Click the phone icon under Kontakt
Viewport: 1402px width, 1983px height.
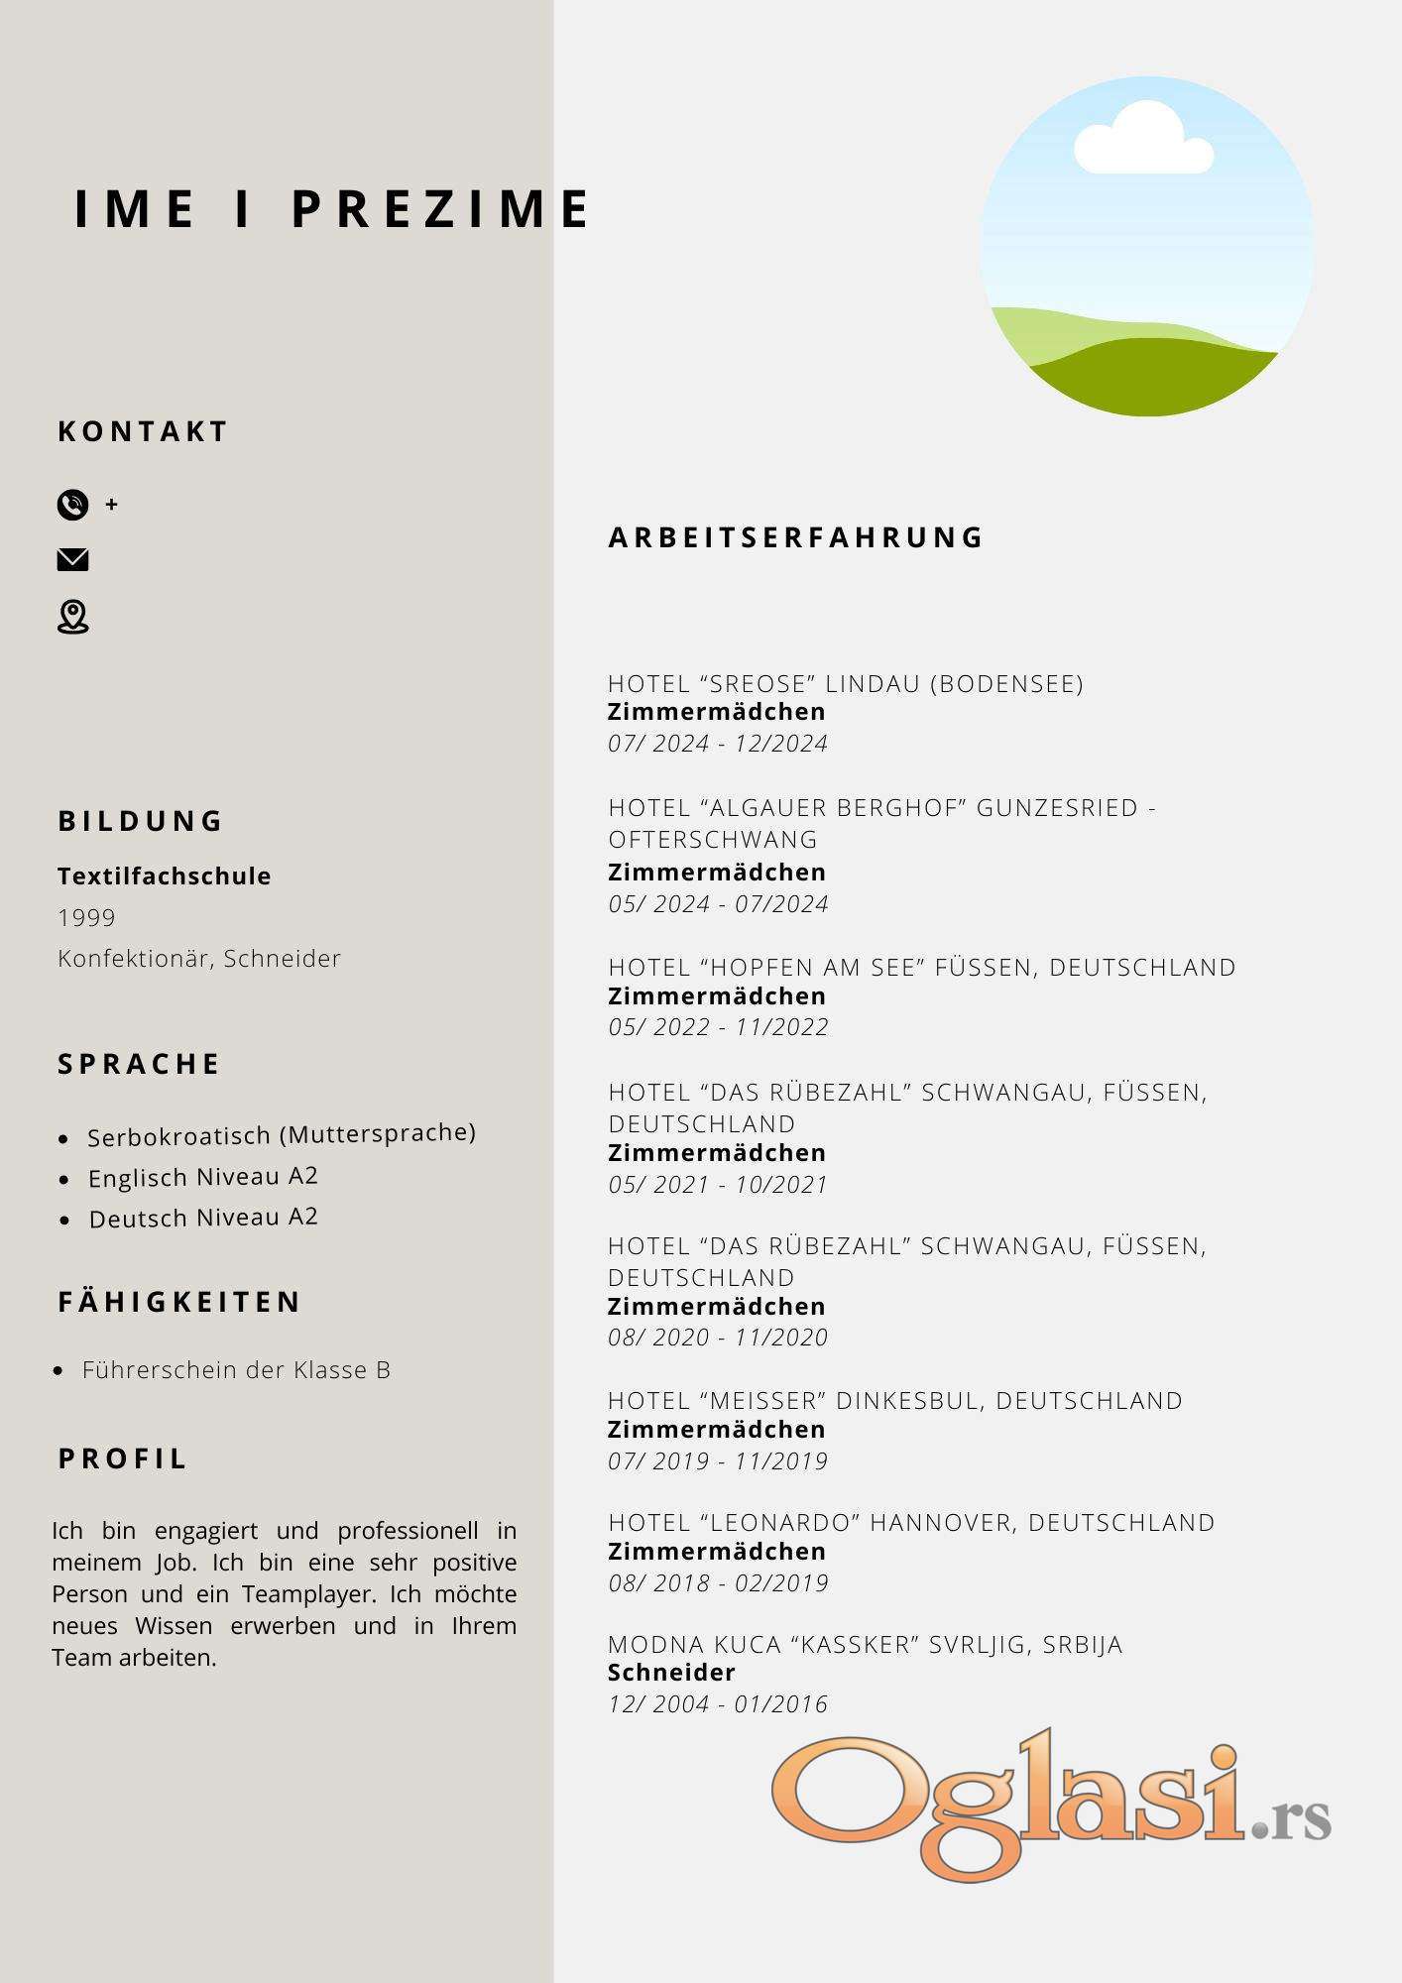tap(72, 505)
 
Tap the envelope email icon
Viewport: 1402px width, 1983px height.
tap(72, 560)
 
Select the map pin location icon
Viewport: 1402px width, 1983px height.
tap(72, 617)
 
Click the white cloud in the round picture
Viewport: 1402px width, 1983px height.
tap(1143, 142)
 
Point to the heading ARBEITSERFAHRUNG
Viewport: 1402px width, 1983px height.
tap(795, 537)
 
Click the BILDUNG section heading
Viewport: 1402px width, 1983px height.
tap(141, 821)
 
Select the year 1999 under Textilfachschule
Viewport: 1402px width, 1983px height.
tap(87, 918)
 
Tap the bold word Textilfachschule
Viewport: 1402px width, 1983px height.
tap(165, 876)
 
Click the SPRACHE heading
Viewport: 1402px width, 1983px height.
tap(139, 1064)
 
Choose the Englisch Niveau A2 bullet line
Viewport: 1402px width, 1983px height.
tap(203, 1177)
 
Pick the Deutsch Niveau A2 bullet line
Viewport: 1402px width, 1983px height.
tap(203, 1218)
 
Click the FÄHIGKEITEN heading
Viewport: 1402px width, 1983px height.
tap(179, 1302)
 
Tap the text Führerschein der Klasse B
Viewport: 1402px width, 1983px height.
tap(236, 1370)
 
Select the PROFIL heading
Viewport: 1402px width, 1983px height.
tap(123, 1458)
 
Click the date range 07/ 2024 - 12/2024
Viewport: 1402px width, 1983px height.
tap(718, 744)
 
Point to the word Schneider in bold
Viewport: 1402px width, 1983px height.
tap(671, 1673)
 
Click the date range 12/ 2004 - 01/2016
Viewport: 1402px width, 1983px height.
tap(718, 1704)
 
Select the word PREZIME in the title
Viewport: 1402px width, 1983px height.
tap(441, 209)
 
